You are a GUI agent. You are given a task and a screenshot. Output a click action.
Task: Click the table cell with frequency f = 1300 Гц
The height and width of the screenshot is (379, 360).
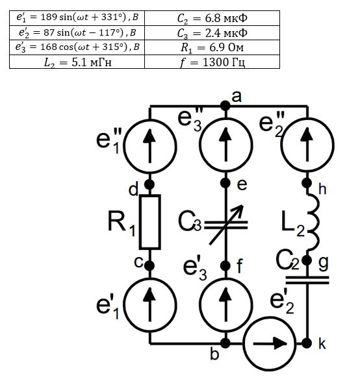pyautogui.click(x=212, y=62)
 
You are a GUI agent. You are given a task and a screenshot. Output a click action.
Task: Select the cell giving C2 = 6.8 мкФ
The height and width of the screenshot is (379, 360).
pyautogui.click(x=212, y=18)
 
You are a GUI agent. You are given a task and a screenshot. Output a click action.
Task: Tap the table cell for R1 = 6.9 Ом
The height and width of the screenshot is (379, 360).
pyautogui.click(x=212, y=47)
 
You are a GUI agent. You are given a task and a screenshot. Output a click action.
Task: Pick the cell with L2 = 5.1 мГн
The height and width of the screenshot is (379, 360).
pyautogui.click(x=77, y=62)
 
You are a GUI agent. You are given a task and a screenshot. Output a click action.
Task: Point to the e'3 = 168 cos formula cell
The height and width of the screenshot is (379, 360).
pyautogui.click(x=77, y=47)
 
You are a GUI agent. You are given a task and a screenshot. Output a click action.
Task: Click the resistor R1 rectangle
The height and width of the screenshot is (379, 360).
pyautogui.click(x=150, y=222)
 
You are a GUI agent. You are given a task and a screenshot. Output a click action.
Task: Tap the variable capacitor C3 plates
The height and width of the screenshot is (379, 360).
pyautogui.click(x=226, y=225)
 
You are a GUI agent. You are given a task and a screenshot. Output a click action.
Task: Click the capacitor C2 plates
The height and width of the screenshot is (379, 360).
pyautogui.click(x=307, y=280)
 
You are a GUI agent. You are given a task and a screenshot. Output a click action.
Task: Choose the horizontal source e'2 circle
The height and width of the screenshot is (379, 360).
pyautogui.click(x=270, y=343)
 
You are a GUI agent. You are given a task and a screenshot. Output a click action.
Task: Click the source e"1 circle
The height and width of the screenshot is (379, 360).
pyautogui.click(x=150, y=147)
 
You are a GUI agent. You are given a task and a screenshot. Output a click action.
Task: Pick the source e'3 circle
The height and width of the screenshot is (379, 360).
pyautogui.click(x=226, y=305)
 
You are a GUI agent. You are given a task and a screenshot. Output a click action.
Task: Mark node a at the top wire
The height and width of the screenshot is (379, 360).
pyautogui.click(x=225, y=106)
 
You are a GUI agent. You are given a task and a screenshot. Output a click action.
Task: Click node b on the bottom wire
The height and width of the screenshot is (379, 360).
pyautogui.click(x=225, y=343)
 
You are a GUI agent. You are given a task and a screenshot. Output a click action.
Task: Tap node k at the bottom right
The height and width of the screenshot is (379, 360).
pyautogui.click(x=307, y=343)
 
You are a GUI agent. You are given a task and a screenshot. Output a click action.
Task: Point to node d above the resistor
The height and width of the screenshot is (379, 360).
pyautogui.click(x=149, y=184)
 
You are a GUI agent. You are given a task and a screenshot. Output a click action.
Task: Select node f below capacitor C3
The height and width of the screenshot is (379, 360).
pyautogui.click(x=225, y=265)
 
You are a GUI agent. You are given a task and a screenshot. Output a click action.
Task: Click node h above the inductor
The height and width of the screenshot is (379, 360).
pyautogui.click(x=307, y=183)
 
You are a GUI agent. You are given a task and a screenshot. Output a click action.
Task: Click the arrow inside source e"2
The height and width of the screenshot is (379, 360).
pyautogui.click(x=307, y=145)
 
